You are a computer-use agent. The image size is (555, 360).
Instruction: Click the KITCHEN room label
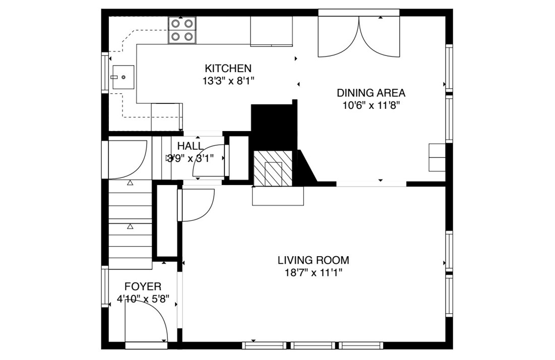228,68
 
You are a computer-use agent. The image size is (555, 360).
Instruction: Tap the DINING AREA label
371,93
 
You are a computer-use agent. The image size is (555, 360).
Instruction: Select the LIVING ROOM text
313,260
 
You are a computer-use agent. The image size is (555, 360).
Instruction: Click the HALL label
191,146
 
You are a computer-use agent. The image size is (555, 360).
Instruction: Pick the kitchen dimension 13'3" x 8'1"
228,81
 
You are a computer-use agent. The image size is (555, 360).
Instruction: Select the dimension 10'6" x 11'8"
371,105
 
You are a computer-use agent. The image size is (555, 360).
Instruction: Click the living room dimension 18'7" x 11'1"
313,273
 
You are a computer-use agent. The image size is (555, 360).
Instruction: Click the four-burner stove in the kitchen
182,30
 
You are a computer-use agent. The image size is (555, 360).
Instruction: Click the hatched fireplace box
273,167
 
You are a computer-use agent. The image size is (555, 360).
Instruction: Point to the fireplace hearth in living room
278,196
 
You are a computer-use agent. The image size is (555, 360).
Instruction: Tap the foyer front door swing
146,323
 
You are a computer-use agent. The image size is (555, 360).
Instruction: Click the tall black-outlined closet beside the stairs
166,222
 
